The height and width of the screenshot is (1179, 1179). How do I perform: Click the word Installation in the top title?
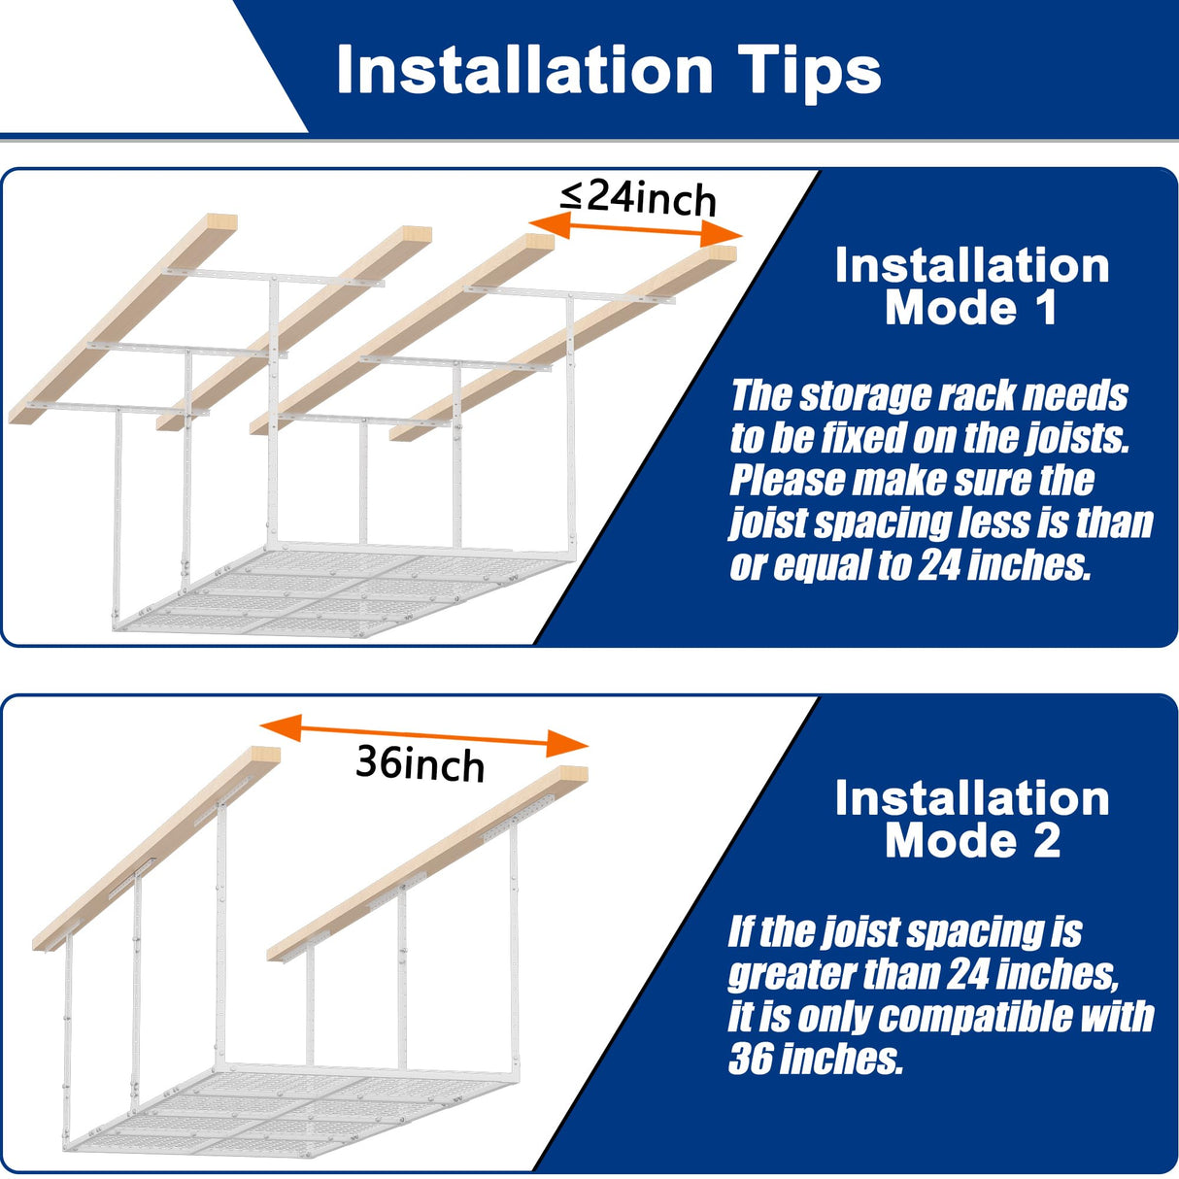[524, 70]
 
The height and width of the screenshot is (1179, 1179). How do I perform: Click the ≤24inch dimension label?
[638, 197]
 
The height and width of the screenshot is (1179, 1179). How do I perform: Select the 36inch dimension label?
[420, 763]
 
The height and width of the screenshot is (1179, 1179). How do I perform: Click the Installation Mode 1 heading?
[971, 286]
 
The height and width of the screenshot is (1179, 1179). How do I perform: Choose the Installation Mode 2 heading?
[971, 819]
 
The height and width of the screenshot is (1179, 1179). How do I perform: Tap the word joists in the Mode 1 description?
[1076, 438]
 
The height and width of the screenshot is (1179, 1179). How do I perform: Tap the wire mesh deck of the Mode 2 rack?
[291, 1107]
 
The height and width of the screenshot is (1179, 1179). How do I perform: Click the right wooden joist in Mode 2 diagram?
[427, 864]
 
